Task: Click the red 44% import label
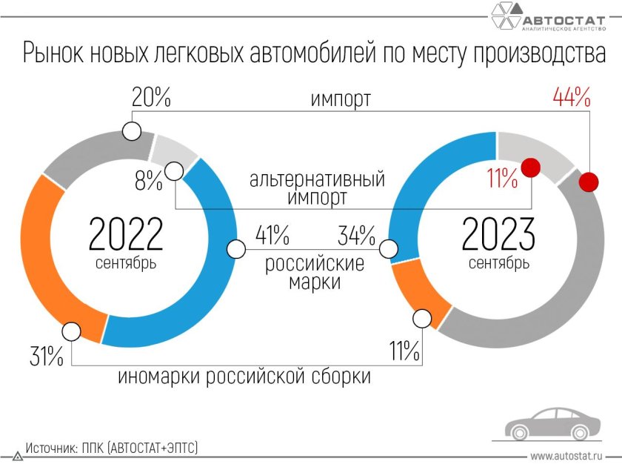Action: click(571, 97)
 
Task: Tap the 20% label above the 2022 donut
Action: click(152, 97)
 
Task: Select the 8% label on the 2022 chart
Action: click(148, 181)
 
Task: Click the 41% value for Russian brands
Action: click(272, 236)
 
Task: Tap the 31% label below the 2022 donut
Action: click(46, 356)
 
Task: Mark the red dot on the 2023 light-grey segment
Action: click(529, 168)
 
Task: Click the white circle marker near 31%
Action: click(72, 331)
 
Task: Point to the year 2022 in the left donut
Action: click(125, 234)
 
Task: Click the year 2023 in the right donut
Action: click(498, 234)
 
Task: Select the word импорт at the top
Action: click(341, 100)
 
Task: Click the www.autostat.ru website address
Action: click(566, 455)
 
